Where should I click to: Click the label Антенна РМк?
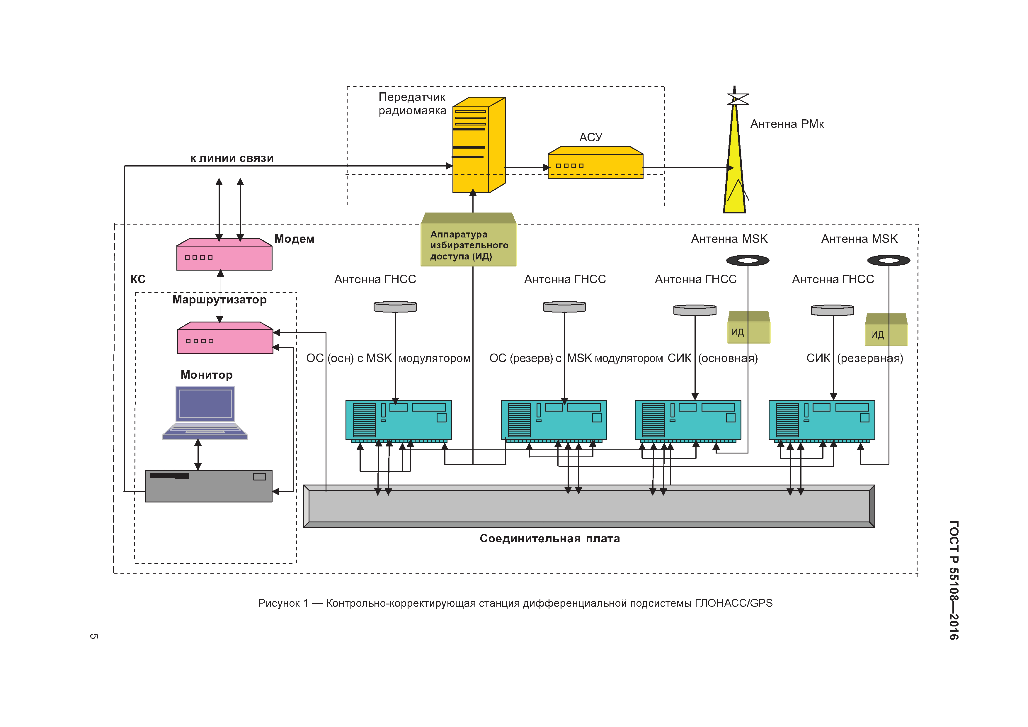787,124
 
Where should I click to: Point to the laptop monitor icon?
205,412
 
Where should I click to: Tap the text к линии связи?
232,158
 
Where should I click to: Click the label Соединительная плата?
549,539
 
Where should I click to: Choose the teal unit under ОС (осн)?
399,420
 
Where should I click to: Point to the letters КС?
138,279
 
